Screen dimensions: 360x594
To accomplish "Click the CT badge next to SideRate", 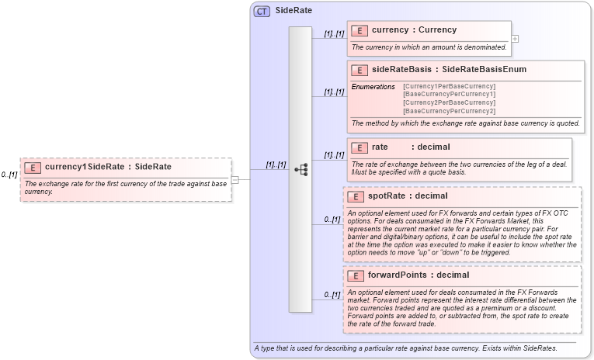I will (262, 12).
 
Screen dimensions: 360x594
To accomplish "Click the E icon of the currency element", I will (360, 30).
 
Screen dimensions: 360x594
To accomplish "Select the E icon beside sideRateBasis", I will (360, 70).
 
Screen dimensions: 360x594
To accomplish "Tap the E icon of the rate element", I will (360, 147).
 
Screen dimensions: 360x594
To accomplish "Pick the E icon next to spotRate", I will (355, 196).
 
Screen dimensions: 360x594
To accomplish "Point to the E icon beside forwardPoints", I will (355, 275).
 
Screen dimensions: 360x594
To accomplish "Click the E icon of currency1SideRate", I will (33, 167).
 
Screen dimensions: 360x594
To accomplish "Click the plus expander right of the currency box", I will (515, 38).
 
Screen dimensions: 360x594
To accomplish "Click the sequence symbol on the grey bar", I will (300, 169).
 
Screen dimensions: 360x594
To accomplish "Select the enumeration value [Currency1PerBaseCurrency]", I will (449, 86).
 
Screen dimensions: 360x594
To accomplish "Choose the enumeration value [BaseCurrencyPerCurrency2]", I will (449, 111).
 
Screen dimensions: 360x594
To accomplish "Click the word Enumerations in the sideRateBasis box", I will (373, 86).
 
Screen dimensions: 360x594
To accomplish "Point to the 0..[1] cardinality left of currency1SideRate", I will (9, 175).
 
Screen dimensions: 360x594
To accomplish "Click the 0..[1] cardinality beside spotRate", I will (332, 220).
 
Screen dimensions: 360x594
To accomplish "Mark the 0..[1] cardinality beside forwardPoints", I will (332, 295).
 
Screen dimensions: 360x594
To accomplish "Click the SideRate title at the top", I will (288, 12).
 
